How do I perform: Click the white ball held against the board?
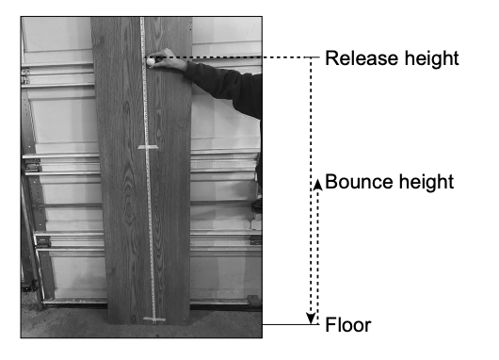[x=151, y=61]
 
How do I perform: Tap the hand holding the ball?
[x=170, y=60]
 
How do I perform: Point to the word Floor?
[x=348, y=325]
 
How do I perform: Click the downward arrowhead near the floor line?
[x=311, y=319]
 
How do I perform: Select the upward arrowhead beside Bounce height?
[x=317, y=185]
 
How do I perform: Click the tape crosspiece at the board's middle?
[x=148, y=147]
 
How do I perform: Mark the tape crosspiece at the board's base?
[x=154, y=319]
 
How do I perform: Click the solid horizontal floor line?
[x=290, y=324]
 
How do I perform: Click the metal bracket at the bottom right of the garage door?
[x=253, y=301]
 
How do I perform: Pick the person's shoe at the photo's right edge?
[x=257, y=205]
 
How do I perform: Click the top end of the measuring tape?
[x=142, y=18]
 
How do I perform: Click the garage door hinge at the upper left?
[x=25, y=76]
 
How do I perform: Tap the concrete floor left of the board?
[x=64, y=321]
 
